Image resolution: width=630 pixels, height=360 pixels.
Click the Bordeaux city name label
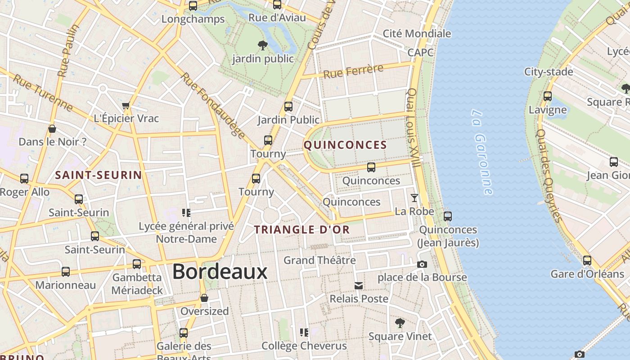coord(220,272)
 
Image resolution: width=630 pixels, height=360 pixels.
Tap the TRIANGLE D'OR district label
coord(301,229)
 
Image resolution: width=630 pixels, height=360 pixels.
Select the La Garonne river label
coord(482,152)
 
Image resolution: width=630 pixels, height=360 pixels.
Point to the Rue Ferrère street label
coord(353,71)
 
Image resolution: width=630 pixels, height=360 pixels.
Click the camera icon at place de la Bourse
coord(422,264)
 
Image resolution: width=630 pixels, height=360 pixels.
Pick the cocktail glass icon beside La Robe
coord(414,198)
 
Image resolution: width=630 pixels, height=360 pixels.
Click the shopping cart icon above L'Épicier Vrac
coord(126,106)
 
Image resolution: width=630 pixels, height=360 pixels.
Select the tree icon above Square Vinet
coord(399,323)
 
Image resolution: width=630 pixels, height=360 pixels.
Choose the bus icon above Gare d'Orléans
coord(587,260)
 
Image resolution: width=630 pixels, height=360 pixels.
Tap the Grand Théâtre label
coord(319,260)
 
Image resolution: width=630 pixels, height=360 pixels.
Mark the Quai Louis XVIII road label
coord(413,128)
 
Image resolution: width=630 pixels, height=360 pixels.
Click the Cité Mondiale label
coord(417,33)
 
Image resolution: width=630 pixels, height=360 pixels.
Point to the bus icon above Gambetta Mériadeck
coord(137,264)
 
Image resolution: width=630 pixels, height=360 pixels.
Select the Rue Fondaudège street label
coord(213,105)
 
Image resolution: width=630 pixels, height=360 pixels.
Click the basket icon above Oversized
coord(204,298)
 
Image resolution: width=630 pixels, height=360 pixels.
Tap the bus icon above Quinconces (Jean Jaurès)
coord(447,216)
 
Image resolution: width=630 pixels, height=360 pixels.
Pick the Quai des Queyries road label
coord(550,175)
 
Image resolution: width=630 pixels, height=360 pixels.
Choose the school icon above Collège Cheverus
coord(304,333)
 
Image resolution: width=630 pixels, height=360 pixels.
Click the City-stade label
coord(548,72)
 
